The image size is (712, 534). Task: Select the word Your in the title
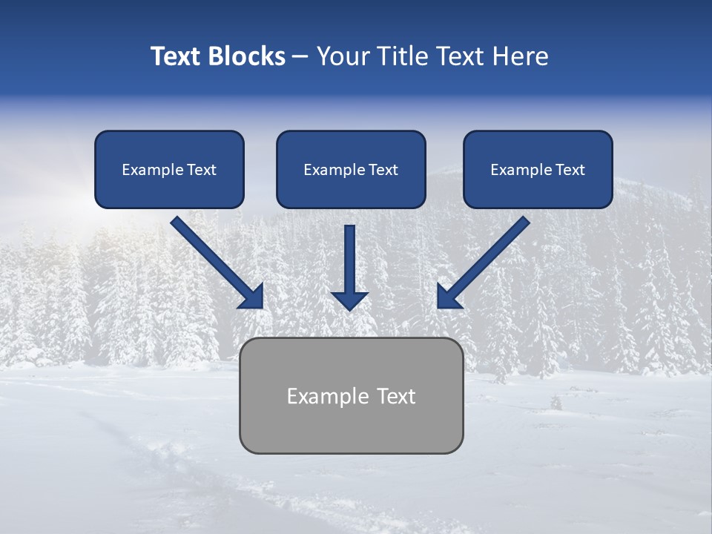(342, 56)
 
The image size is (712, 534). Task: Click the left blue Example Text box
(169, 170)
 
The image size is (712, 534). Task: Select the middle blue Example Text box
(351, 170)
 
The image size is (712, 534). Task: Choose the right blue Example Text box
(538, 170)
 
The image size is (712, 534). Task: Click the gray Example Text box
(351, 395)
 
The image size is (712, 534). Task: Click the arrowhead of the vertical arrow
(350, 300)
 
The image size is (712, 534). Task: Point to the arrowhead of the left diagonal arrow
(253, 297)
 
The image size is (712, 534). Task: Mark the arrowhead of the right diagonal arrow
(447, 297)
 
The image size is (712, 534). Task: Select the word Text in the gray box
(397, 396)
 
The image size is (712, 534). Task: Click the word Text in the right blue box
(570, 170)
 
